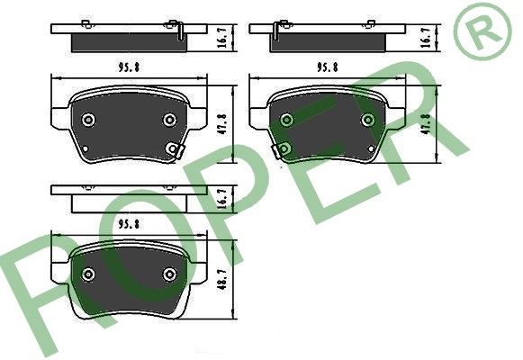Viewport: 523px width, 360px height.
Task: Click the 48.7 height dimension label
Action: tap(223, 280)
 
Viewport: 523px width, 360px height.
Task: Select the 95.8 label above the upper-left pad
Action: tap(129, 67)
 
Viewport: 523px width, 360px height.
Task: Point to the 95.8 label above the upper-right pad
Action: tap(327, 67)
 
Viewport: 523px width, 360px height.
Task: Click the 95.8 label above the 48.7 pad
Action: tap(129, 224)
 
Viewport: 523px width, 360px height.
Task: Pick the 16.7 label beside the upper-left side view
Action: tap(222, 38)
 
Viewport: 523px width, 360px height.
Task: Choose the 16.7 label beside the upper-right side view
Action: tap(427, 38)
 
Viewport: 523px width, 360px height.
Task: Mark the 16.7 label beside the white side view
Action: tap(222, 198)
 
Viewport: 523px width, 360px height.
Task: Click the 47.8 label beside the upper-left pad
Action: tap(222, 124)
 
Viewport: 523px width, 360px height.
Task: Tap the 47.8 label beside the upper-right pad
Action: tap(427, 124)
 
